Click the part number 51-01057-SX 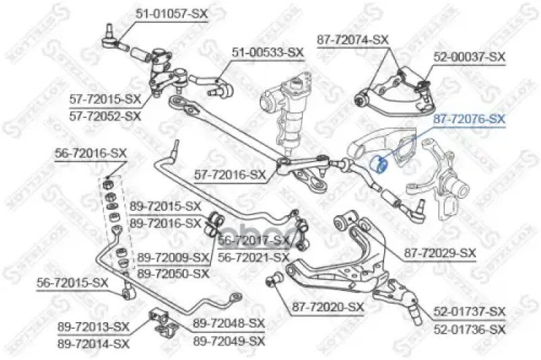[x=172, y=14]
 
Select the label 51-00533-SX [x=267, y=53]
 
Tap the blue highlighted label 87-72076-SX [x=469, y=119]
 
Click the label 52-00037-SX [x=469, y=57]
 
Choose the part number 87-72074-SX [x=352, y=40]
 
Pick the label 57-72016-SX [x=230, y=175]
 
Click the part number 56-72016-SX [x=91, y=153]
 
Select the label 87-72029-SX [x=440, y=253]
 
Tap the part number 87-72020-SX [x=328, y=307]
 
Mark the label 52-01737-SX [x=469, y=312]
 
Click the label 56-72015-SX [x=72, y=283]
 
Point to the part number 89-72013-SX [x=93, y=327]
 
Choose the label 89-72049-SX [x=229, y=341]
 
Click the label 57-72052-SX [x=105, y=116]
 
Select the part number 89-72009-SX [x=173, y=258]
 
